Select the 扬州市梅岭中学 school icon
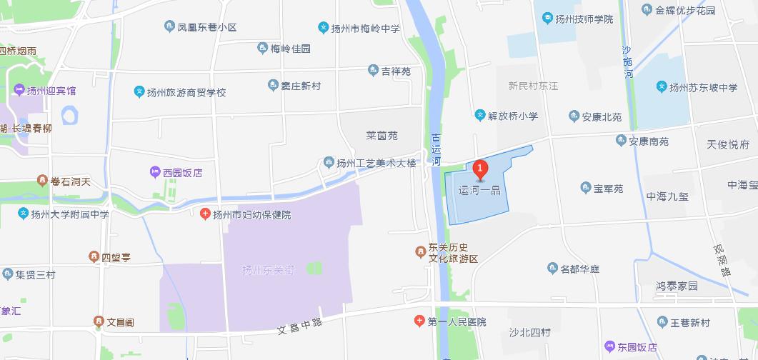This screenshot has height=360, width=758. pyautogui.click(x=324, y=28)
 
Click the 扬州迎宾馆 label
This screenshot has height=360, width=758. pyautogui.click(x=51, y=90)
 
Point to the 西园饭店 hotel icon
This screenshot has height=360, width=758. pyautogui.click(x=155, y=172)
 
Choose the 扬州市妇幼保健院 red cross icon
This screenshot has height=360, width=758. pyautogui.click(x=205, y=214)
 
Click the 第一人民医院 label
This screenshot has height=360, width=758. pyautogui.click(x=457, y=322)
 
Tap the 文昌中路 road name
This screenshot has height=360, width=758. pyautogui.click(x=300, y=326)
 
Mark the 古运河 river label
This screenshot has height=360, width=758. pyautogui.click(x=436, y=149)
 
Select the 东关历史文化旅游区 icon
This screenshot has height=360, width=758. pyautogui.click(x=420, y=251)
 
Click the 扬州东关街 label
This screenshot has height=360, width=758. pyautogui.click(x=268, y=270)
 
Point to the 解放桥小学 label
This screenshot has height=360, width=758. pyautogui.click(x=512, y=116)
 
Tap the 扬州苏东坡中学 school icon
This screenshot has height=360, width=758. pyautogui.click(x=662, y=87)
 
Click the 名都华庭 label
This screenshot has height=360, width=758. pyautogui.click(x=579, y=269)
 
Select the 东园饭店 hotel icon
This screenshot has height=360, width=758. pyautogui.click(x=609, y=346)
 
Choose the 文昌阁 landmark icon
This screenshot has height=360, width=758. pyautogui.click(x=99, y=322)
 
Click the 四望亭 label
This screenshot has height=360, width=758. pyautogui.click(x=116, y=256)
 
